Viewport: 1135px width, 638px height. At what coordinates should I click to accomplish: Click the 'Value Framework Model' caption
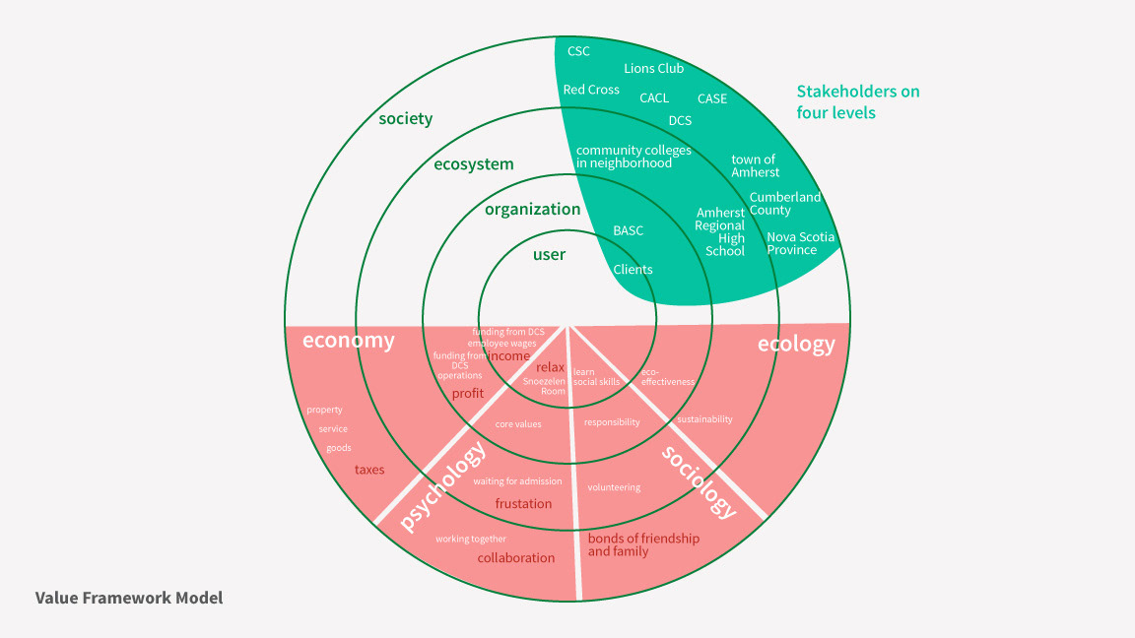point(129,598)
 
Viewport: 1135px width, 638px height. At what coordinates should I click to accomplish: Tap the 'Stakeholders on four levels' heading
point(857,101)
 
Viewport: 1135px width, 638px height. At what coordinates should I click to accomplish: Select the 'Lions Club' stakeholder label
point(653,69)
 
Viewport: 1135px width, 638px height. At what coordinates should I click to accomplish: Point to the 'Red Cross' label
point(591,90)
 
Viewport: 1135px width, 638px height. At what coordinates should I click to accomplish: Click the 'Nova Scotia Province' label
point(800,243)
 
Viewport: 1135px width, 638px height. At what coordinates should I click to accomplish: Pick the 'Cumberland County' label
point(784,204)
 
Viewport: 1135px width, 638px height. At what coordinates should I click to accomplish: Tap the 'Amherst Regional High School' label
point(719,231)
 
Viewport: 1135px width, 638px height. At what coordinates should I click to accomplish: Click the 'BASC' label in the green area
point(628,231)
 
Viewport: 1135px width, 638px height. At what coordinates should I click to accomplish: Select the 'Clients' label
point(633,270)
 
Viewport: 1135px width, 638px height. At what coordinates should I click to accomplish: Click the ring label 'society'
point(406,119)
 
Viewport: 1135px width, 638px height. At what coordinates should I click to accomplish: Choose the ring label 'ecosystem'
point(474,164)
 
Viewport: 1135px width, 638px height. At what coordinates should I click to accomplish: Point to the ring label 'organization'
point(532,209)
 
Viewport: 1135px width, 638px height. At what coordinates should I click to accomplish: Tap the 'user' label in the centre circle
point(549,255)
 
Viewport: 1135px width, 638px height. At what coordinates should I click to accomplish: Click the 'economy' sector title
point(348,341)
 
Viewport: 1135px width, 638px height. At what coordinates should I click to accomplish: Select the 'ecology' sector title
point(795,344)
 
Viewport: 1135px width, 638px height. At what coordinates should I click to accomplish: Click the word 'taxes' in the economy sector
point(369,470)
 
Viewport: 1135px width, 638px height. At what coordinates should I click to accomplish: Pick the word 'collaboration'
point(516,558)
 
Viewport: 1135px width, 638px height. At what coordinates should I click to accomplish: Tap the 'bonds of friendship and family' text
point(643,545)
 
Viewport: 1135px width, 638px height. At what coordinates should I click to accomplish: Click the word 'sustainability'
point(704,419)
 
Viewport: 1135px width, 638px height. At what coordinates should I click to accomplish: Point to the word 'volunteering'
point(614,487)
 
